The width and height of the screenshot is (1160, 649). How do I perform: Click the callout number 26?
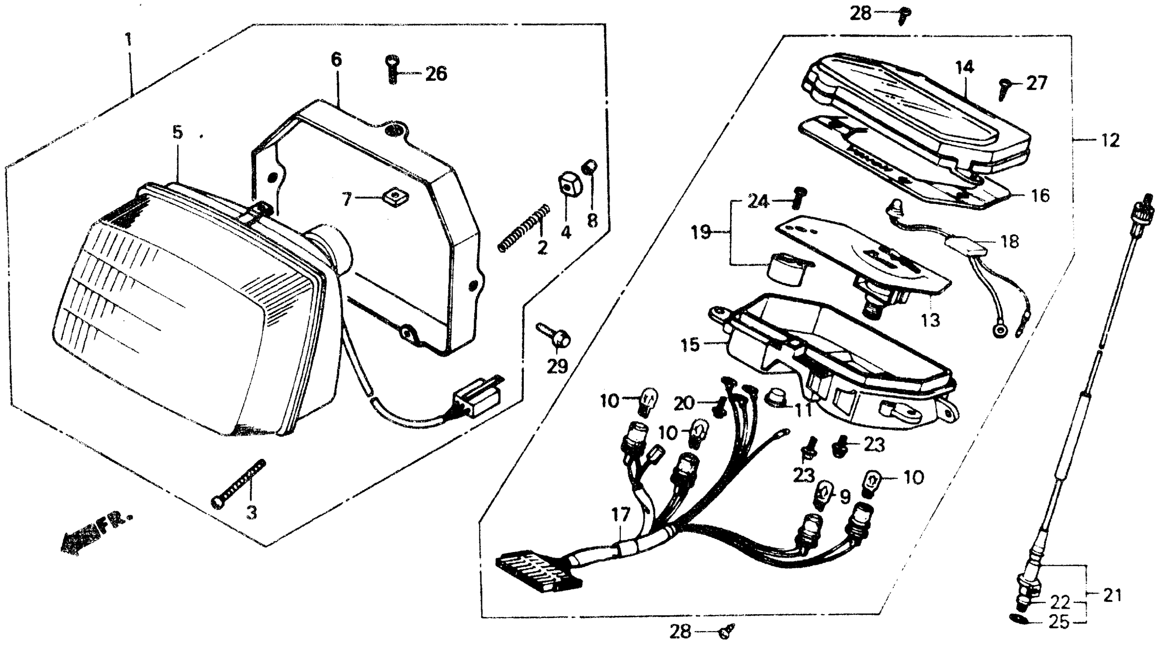point(436,74)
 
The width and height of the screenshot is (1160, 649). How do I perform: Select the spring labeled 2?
point(524,228)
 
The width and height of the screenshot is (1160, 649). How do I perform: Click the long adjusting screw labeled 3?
point(239,484)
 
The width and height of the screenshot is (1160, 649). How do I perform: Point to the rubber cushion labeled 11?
point(775,397)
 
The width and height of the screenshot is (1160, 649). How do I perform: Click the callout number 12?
point(1110,141)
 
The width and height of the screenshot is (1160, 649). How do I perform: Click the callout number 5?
point(178,133)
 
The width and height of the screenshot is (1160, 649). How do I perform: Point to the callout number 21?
point(1112,596)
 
